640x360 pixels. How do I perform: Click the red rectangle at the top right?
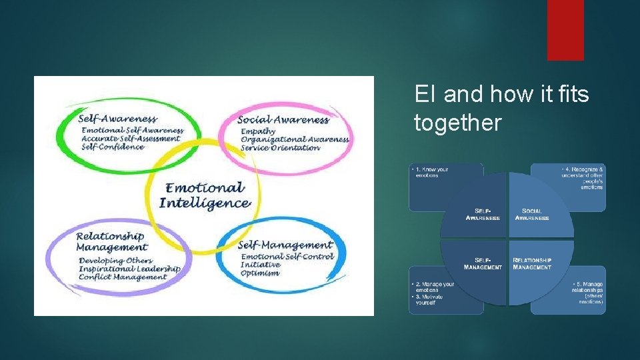pyautogui.click(x=565, y=29)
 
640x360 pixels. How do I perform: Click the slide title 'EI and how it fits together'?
pyautogui.click(x=501, y=108)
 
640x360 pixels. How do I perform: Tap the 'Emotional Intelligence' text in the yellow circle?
pyautogui.click(x=205, y=195)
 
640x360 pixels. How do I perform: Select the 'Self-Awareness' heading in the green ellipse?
pyautogui.click(x=118, y=119)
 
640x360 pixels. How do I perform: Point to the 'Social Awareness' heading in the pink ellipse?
pyautogui.click(x=283, y=120)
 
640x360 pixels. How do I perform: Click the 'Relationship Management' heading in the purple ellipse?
pyautogui.click(x=110, y=241)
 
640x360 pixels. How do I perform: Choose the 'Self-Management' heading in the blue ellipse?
pyautogui.click(x=285, y=245)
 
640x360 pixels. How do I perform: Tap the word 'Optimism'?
pyautogui.click(x=260, y=273)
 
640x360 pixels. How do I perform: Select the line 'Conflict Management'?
pyautogui.click(x=123, y=277)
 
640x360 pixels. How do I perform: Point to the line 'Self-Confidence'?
pyautogui.click(x=113, y=147)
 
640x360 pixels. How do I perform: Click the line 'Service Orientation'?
pyautogui.click(x=280, y=147)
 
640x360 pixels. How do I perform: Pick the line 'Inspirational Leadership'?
pyautogui.click(x=129, y=269)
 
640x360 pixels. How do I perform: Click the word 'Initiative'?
pyautogui.click(x=261, y=265)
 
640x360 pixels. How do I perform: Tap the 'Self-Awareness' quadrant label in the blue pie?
pyautogui.click(x=483, y=215)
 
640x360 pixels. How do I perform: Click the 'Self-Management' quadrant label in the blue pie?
pyautogui.click(x=483, y=263)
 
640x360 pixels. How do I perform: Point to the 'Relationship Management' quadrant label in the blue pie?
pyautogui.click(x=532, y=263)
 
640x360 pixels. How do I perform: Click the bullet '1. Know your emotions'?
pyautogui.click(x=431, y=172)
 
